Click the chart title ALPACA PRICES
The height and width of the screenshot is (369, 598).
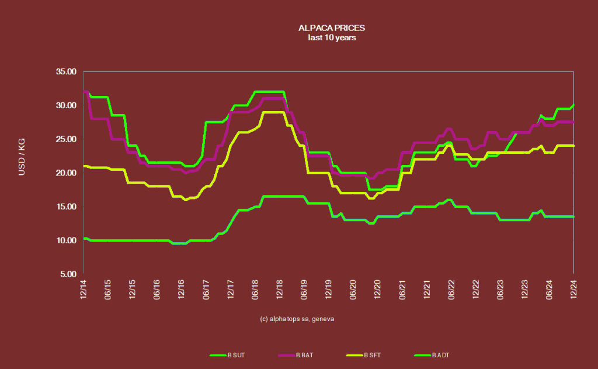[x=332, y=27]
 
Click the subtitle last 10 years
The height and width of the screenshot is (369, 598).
[x=332, y=37]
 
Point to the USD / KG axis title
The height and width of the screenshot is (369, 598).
[x=22, y=157]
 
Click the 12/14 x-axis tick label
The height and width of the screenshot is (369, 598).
[x=84, y=290]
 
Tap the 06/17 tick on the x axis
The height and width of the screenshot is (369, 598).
[x=206, y=290]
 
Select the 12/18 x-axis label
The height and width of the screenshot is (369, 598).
[x=280, y=290]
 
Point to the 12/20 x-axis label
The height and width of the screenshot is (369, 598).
[x=378, y=290]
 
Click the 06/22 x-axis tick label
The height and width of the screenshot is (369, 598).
[x=451, y=290]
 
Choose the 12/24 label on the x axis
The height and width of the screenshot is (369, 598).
[x=573, y=290]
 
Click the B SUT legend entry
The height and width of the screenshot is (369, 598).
[x=227, y=355]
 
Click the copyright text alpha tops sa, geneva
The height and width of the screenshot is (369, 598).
[x=297, y=319]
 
